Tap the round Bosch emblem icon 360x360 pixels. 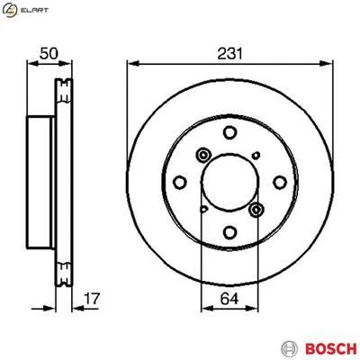point(288,346)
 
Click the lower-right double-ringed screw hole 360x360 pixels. point(256,210)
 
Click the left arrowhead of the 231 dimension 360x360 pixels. point(131,63)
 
